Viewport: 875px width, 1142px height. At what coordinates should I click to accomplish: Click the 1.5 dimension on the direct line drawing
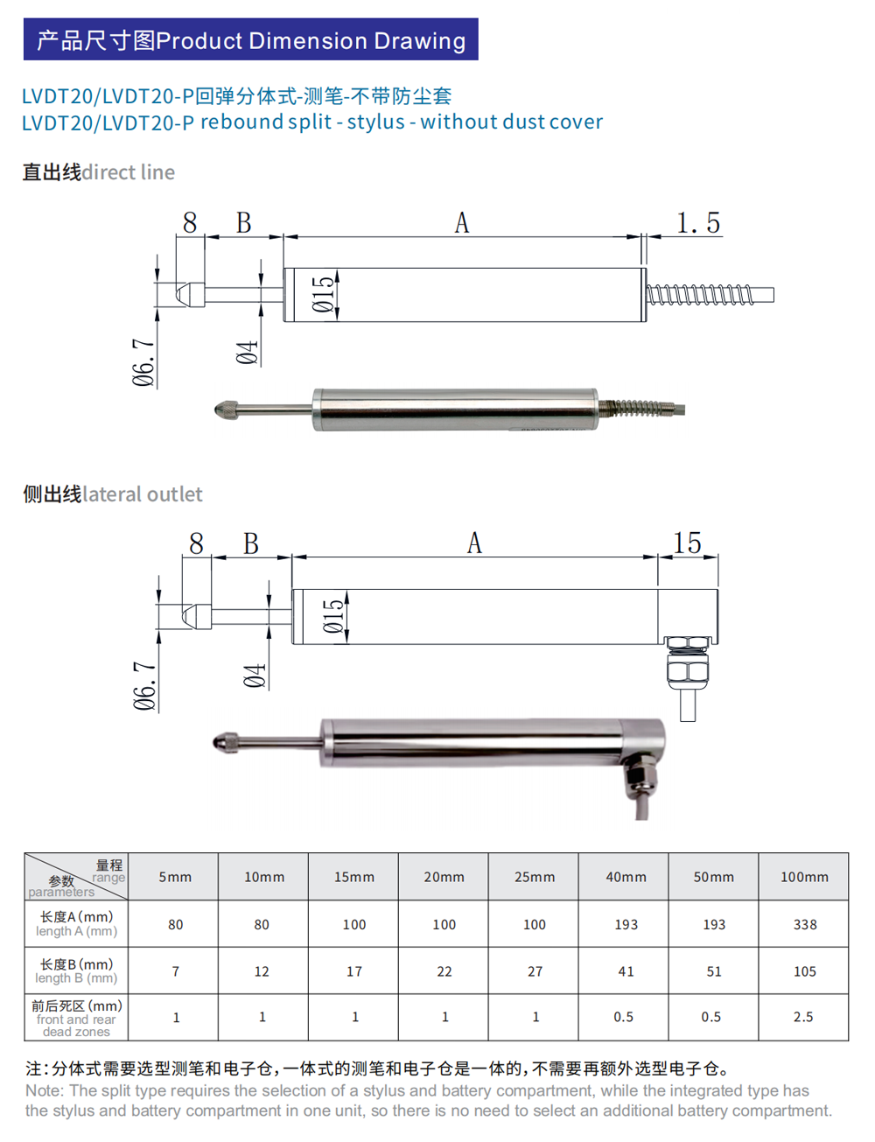tap(698, 223)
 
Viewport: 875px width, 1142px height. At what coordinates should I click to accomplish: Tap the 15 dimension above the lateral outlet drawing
tap(687, 543)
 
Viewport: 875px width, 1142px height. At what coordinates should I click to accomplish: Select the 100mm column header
tap(804, 877)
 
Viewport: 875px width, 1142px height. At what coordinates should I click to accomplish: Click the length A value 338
tap(804, 924)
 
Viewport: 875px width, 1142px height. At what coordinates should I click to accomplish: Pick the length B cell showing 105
tap(804, 971)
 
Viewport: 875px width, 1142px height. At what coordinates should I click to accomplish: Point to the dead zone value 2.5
tap(803, 1017)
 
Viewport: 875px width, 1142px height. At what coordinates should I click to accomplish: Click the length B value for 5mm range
tap(176, 971)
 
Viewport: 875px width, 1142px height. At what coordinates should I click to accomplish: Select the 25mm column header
tap(535, 877)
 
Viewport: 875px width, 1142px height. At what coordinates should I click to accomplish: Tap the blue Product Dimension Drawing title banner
tap(251, 40)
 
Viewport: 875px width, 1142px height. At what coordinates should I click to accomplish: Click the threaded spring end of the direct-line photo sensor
tap(643, 408)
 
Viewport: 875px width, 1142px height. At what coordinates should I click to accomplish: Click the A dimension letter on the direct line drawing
tap(462, 224)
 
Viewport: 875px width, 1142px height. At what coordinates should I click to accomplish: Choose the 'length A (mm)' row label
tap(76, 924)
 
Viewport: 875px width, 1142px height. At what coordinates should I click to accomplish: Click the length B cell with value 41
tap(626, 971)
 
